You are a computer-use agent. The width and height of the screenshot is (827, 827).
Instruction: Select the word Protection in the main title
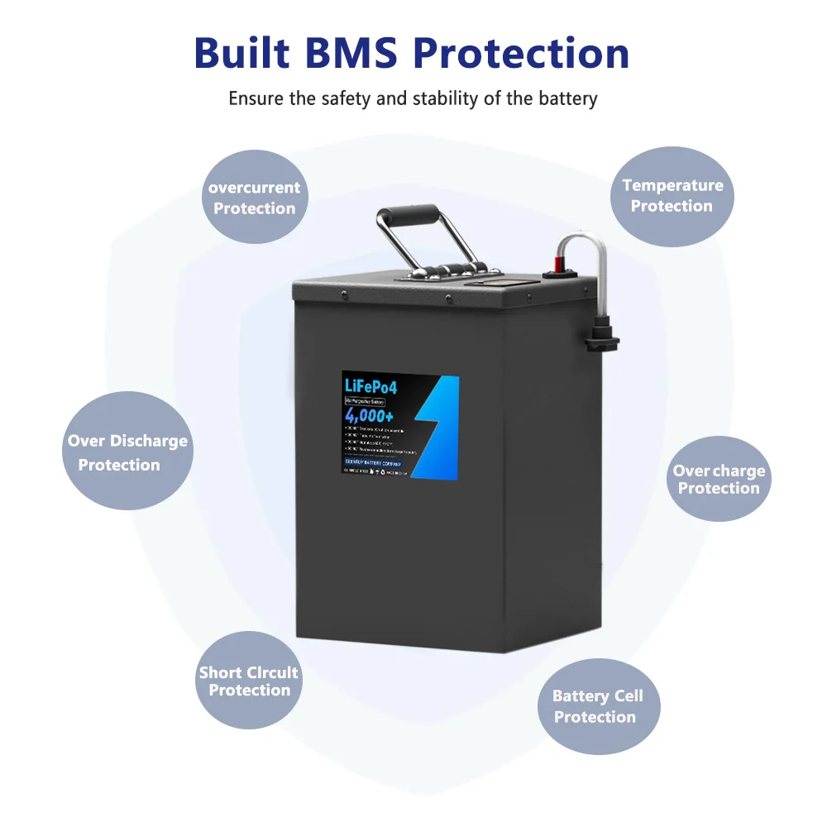coord(520,53)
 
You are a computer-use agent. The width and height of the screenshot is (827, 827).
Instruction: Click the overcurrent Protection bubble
coord(254,198)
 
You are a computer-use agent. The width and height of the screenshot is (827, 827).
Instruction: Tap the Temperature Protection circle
coord(672,196)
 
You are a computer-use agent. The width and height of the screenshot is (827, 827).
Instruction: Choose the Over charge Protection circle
coord(718,479)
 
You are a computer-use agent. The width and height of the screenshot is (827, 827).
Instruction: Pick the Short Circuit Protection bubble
coord(249,681)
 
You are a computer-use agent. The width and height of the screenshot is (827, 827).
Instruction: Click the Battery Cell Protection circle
coord(596,705)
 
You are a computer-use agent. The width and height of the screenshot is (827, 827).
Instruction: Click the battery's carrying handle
coord(407,236)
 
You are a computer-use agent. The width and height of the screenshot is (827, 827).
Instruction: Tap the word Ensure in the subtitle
coord(256,98)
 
